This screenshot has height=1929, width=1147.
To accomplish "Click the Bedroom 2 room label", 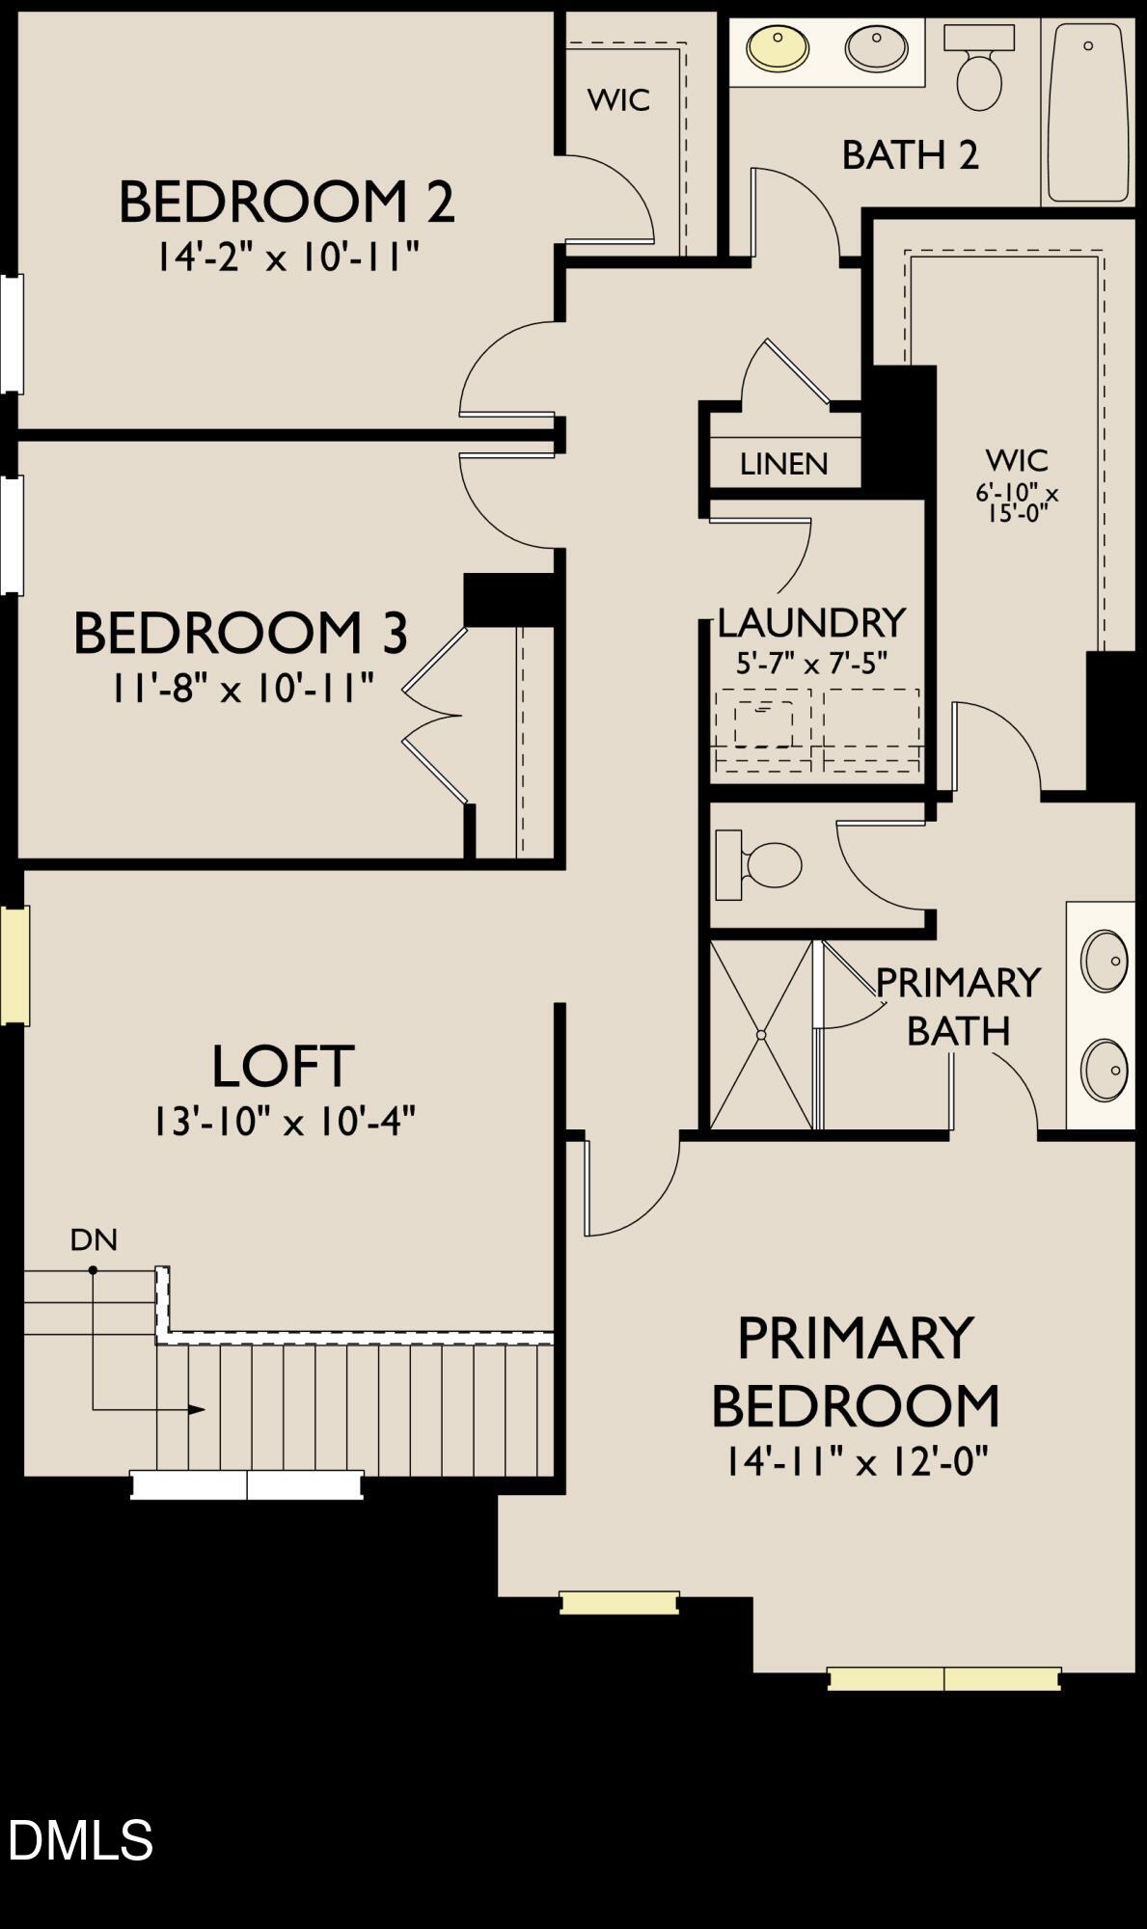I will coord(286,203).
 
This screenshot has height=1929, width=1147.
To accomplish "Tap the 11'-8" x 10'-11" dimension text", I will coord(241,690).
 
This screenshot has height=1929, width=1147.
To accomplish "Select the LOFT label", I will coord(283,1066).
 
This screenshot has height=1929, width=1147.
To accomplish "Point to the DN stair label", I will coord(94,1240).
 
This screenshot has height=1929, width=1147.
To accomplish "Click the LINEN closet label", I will coord(783,465).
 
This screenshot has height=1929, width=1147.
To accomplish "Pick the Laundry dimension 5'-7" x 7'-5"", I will coord(811,665).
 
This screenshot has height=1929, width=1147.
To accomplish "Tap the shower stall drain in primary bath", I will coord(761,1035).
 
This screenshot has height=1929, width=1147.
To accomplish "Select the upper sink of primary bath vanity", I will coord(1104,961).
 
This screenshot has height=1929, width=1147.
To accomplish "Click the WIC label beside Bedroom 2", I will coord(618,100).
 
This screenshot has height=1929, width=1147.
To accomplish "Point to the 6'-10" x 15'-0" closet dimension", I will coord(1017,503).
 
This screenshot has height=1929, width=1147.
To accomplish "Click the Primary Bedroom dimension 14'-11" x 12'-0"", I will coord(857,1462).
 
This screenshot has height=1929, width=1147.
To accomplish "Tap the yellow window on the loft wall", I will coord(14,964).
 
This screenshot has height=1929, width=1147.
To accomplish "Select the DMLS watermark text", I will coord(80,1839).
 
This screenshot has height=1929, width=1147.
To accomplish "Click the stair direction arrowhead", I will coord(197,1410).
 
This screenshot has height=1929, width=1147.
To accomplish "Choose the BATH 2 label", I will coord(910,155).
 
